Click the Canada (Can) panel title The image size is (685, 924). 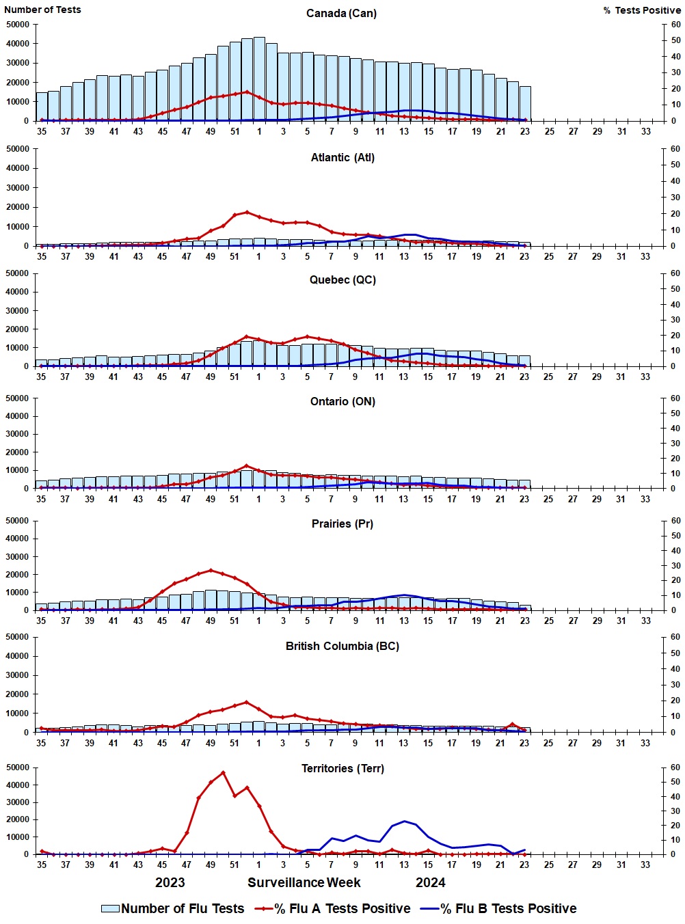(341, 13)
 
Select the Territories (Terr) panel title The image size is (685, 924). (342, 768)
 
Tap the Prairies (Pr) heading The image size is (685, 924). (342, 524)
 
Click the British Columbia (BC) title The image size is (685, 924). (342, 646)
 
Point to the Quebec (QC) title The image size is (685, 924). (342, 280)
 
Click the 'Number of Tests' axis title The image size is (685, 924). (42, 10)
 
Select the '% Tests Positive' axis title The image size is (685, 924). (642, 10)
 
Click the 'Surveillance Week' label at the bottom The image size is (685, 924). (304, 882)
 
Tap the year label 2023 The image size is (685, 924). (170, 882)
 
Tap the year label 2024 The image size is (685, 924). (430, 882)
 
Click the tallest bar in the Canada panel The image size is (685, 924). (259, 79)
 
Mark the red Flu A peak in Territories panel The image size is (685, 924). (223, 772)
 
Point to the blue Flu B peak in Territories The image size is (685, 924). (405, 821)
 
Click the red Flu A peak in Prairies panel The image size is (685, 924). (211, 570)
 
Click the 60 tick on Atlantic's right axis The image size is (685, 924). (675, 149)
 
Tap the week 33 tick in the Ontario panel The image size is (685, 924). (645, 499)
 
